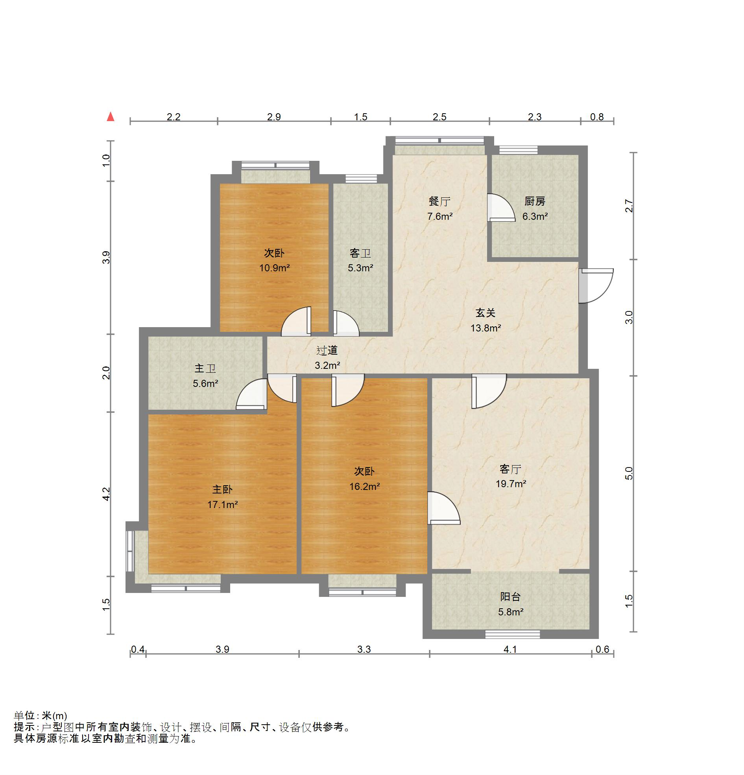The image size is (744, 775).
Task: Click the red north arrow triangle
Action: (x=111, y=117)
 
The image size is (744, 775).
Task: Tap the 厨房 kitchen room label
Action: (x=535, y=202)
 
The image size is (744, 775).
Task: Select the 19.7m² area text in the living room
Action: (x=511, y=484)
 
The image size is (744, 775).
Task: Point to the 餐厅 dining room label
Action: (x=439, y=202)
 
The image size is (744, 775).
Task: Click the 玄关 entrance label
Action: (x=485, y=313)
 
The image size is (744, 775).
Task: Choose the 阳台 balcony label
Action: (x=510, y=597)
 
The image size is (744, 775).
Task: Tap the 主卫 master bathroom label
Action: (x=205, y=368)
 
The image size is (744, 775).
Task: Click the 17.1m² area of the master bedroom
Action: (x=222, y=504)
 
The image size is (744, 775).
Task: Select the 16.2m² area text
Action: (x=364, y=486)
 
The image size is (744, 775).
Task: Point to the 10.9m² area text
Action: (x=274, y=268)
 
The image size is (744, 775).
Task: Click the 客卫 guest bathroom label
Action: (x=360, y=253)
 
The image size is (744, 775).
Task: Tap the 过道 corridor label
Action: (x=327, y=350)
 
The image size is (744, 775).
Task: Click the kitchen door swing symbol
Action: (x=501, y=208)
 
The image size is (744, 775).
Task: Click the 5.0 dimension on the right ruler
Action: (x=629, y=473)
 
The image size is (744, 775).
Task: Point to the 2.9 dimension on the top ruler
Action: (x=274, y=117)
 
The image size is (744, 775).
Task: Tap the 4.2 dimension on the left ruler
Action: (x=106, y=494)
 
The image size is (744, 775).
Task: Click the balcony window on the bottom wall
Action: (x=513, y=634)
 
